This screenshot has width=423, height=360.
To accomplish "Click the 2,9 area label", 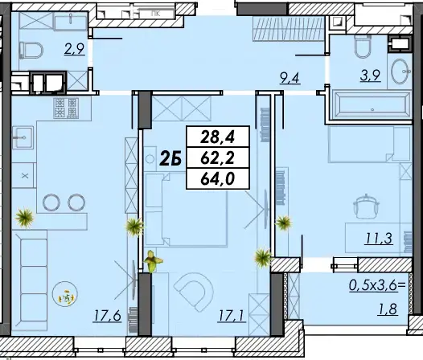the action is tap(75, 49).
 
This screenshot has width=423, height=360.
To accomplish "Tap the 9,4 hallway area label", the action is tap(290, 79).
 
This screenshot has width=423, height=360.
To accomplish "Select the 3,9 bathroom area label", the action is tap(371, 76).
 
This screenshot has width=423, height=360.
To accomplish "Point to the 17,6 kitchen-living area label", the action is tap(108, 316).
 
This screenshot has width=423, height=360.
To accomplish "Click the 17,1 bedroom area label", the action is tap(232, 316).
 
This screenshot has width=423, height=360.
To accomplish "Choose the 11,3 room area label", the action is tap(379, 239).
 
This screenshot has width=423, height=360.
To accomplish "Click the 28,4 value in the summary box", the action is tap(217, 137).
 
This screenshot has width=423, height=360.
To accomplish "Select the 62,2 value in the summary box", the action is tap(217, 158).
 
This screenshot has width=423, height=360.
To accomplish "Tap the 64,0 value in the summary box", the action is tap(217, 178).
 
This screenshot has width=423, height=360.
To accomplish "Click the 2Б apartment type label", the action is tap(170, 158).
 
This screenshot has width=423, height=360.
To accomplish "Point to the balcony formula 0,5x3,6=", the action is tap(378, 285).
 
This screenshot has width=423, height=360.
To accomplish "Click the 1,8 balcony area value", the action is tap(388, 309).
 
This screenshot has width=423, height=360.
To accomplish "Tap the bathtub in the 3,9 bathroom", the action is tap(372, 105).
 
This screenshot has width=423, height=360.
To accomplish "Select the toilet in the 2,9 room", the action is tap(31, 50).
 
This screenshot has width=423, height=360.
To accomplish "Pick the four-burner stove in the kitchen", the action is tap(66, 108).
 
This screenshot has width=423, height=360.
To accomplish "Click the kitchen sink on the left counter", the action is tap(23, 137).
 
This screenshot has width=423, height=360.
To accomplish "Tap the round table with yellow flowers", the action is tap(65, 293).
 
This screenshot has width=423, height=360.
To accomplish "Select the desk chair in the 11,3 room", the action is tap(367, 207).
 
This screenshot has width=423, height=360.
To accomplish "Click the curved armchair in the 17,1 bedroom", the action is tap(194, 292).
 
